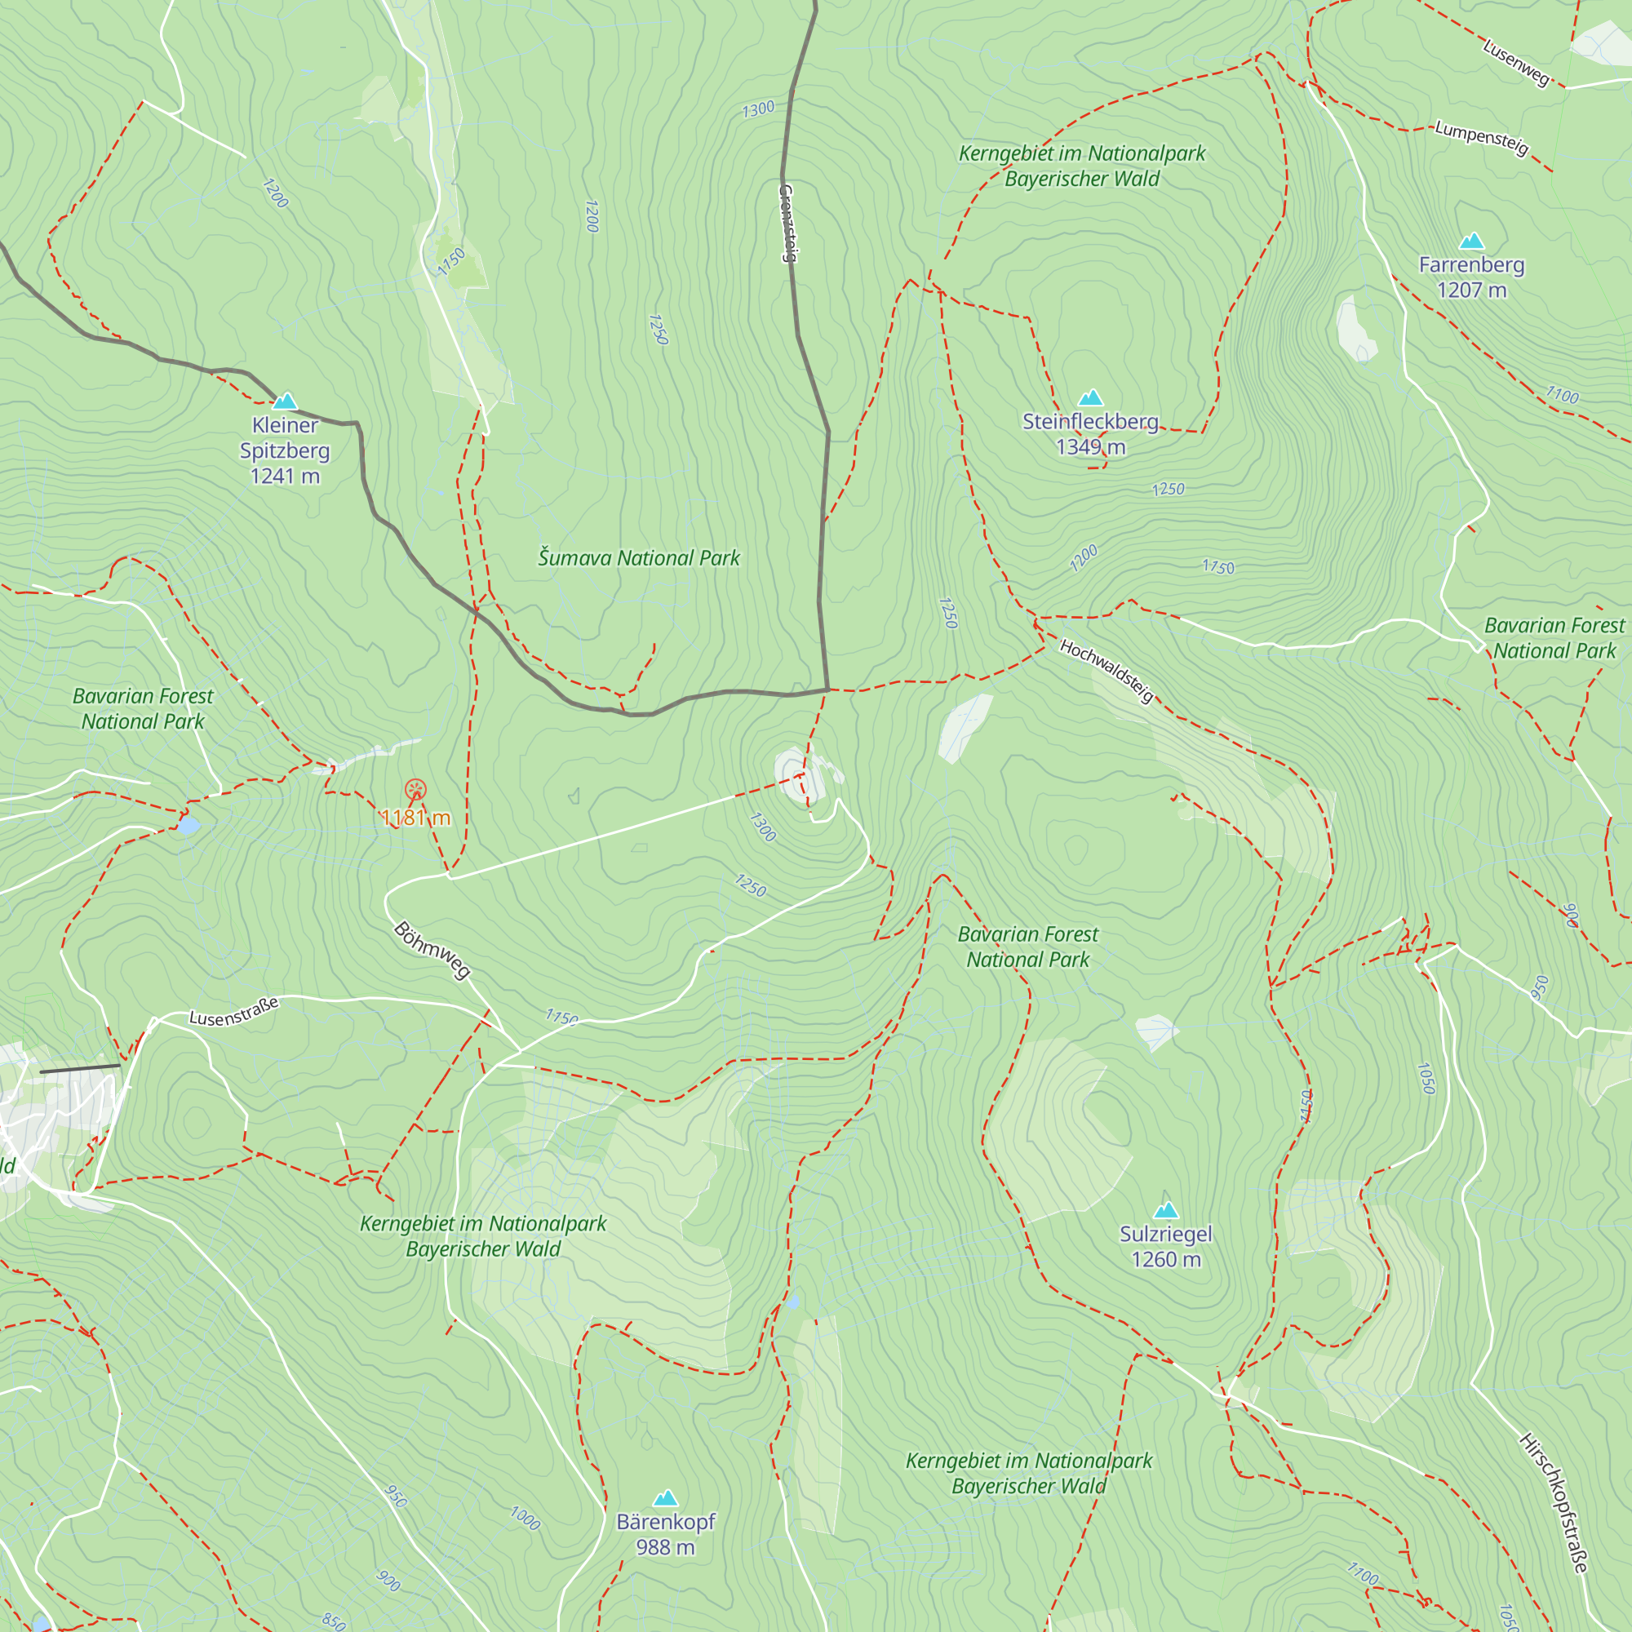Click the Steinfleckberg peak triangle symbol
[x=1090, y=398]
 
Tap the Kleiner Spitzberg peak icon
[x=285, y=401]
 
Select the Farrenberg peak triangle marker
[x=1471, y=242]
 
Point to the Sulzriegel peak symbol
[x=1166, y=1210]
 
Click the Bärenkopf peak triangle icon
[x=666, y=1497]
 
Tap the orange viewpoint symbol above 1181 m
[x=415, y=790]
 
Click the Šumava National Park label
[x=639, y=558]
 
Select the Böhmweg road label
[x=432, y=951]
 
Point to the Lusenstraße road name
[x=233, y=1012]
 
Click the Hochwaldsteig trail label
[x=1106, y=671]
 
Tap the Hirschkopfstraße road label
[x=1554, y=1503]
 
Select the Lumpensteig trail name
[x=1482, y=138]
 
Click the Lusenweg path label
[x=1516, y=63]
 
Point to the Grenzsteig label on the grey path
[x=787, y=223]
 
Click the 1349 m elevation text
[x=1090, y=447]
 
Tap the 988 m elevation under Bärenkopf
[x=666, y=1546]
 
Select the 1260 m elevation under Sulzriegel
[x=1166, y=1259]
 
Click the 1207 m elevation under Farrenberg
[x=1471, y=290]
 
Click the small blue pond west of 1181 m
[x=188, y=826]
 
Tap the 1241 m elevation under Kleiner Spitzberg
[x=285, y=477]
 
